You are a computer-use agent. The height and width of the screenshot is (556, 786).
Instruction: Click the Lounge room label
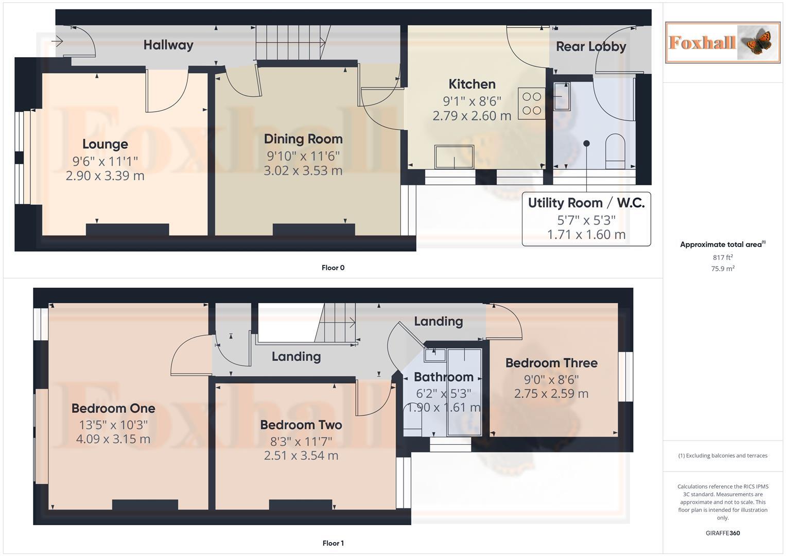[x=105, y=144]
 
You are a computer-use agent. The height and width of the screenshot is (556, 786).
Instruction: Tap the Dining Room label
[x=303, y=139]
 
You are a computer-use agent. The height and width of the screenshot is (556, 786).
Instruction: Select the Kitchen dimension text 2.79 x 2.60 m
[x=471, y=116]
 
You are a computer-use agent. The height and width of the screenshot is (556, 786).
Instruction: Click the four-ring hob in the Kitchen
[x=532, y=103]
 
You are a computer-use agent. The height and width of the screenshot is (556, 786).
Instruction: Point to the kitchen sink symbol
[x=454, y=157]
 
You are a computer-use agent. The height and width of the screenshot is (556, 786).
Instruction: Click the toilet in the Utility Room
[x=615, y=151]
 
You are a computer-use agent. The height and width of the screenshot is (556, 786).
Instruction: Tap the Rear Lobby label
[x=590, y=47]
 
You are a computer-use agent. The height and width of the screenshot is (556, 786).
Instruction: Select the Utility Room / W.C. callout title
[x=586, y=203]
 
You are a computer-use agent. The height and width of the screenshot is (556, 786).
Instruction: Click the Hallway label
[x=168, y=45]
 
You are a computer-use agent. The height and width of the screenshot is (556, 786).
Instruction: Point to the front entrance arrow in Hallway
[x=57, y=41]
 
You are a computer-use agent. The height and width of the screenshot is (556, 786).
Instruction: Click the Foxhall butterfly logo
[x=722, y=42]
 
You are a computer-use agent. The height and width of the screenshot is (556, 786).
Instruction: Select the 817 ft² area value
[x=722, y=257]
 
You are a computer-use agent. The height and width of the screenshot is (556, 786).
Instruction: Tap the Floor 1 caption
[x=333, y=543]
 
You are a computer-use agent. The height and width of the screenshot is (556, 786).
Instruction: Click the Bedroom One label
[x=113, y=408]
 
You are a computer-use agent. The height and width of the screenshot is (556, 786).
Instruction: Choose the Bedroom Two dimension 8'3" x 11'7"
[x=301, y=441]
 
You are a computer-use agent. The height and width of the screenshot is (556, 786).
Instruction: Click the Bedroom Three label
[x=551, y=363]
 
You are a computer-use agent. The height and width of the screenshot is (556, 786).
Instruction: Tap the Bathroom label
[x=443, y=377]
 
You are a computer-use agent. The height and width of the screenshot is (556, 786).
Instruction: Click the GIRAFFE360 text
[x=722, y=533]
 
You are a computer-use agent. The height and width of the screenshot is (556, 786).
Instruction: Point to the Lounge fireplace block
[x=127, y=230]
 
